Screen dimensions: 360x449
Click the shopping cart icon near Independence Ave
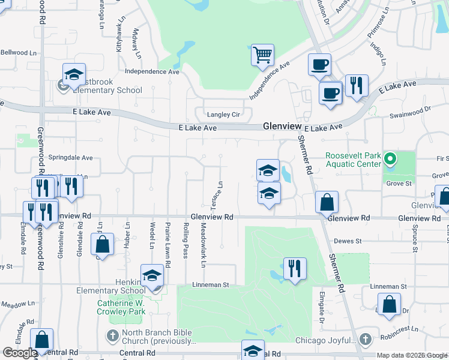pyautogui.click(x=262, y=55)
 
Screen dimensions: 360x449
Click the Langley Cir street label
pyautogui.click(x=223, y=114)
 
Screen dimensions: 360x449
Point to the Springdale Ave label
pyautogui.click(x=71, y=158)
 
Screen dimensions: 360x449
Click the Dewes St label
pyautogui.click(x=348, y=241)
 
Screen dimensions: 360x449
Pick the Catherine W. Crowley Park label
pyautogui.click(x=122, y=307)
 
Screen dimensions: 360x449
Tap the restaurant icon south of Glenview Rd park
pyautogui.click(x=295, y=268)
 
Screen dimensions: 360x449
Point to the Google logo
pyautogui.click(x=20, y=353)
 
